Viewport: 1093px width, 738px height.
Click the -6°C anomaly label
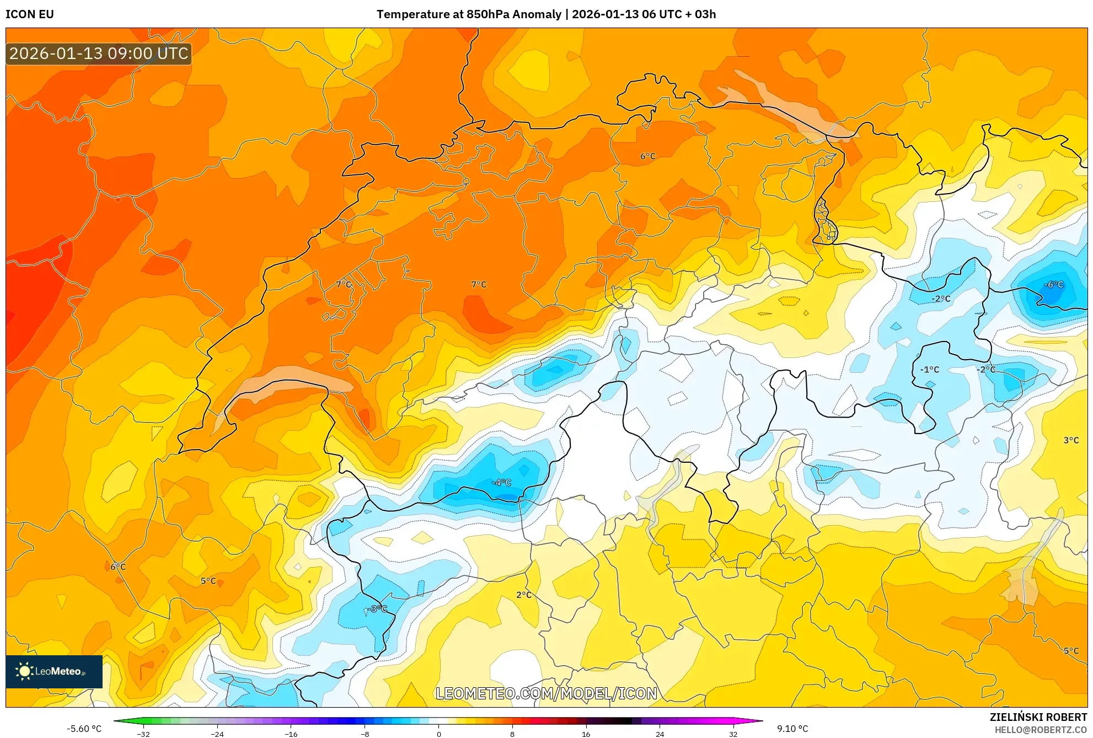coord(1053,285)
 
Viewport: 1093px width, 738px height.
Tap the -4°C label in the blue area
coord(501,483)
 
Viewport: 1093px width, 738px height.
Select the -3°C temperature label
coord(377,609)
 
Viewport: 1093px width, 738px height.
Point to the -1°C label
coord(929,370)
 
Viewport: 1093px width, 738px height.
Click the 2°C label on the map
coord(524,595)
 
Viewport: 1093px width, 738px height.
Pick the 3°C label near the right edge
coord(1071,440)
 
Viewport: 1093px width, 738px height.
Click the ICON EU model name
coord(30,14)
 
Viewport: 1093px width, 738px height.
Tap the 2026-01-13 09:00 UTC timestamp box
coord(99,54)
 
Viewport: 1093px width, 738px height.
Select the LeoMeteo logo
coord(54,671)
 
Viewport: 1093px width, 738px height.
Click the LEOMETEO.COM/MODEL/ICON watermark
coord(546,693)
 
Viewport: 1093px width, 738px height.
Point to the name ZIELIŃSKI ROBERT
coord(1038,717)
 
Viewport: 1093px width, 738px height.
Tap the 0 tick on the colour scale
coord(439,734)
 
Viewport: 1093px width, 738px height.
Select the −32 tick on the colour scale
coord(143,734)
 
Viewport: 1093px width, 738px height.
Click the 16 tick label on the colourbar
coord(586,734)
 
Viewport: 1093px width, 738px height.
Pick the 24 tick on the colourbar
coord(660,734)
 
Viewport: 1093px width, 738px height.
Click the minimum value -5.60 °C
coord(84,729)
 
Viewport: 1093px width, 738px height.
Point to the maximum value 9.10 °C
coord(792,729)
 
